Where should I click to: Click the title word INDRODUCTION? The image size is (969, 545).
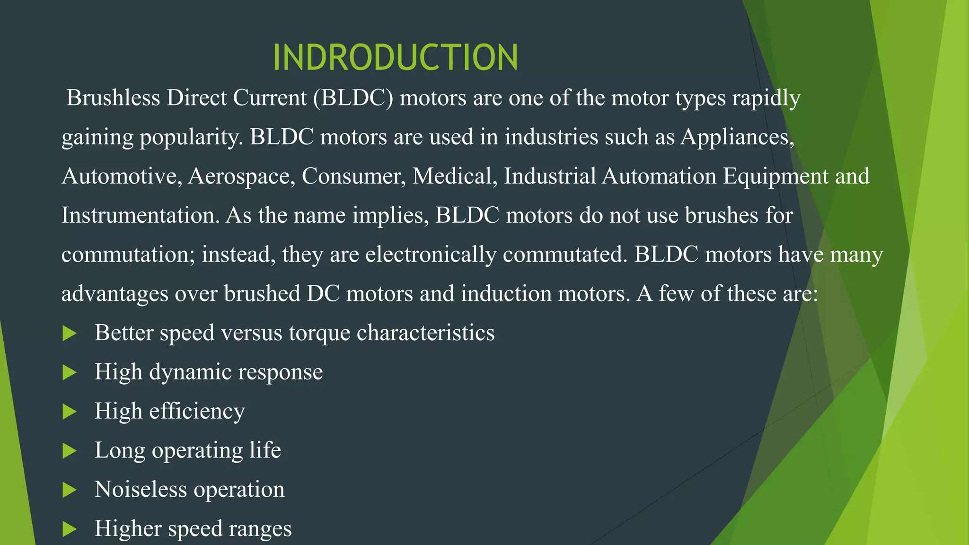pos(396,58)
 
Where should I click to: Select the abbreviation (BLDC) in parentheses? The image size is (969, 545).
pos(353,98)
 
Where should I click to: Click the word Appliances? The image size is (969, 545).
pos(736,137)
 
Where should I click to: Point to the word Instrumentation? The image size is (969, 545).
pos(141,215)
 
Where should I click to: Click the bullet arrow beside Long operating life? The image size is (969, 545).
pos(70,450)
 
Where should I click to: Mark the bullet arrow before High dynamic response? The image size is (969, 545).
pos(70,372)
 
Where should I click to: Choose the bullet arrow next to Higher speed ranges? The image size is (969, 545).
pos(70,529)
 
